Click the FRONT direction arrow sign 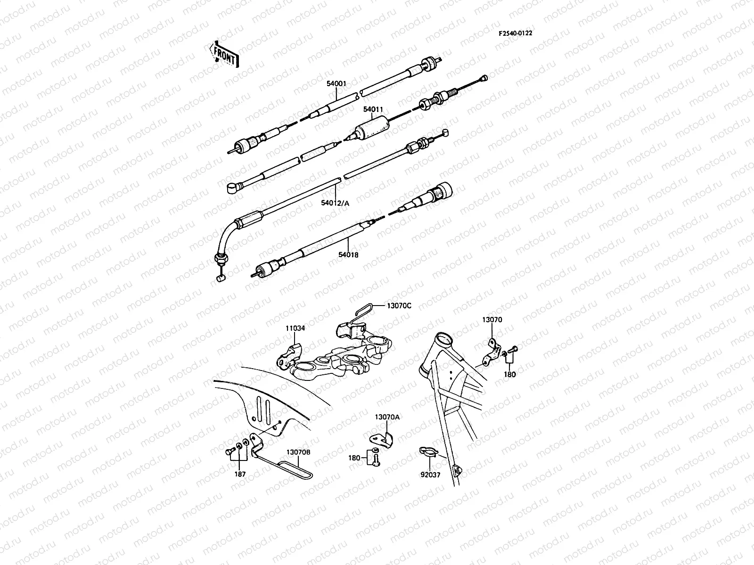[224, 54]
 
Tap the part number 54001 [336, 84]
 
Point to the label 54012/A [336, 203]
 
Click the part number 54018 [348, 255]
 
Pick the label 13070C [399, 306]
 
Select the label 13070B [298, 452]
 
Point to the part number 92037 [431, 475]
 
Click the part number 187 [240, 474]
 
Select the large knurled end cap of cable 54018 [443, 190]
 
